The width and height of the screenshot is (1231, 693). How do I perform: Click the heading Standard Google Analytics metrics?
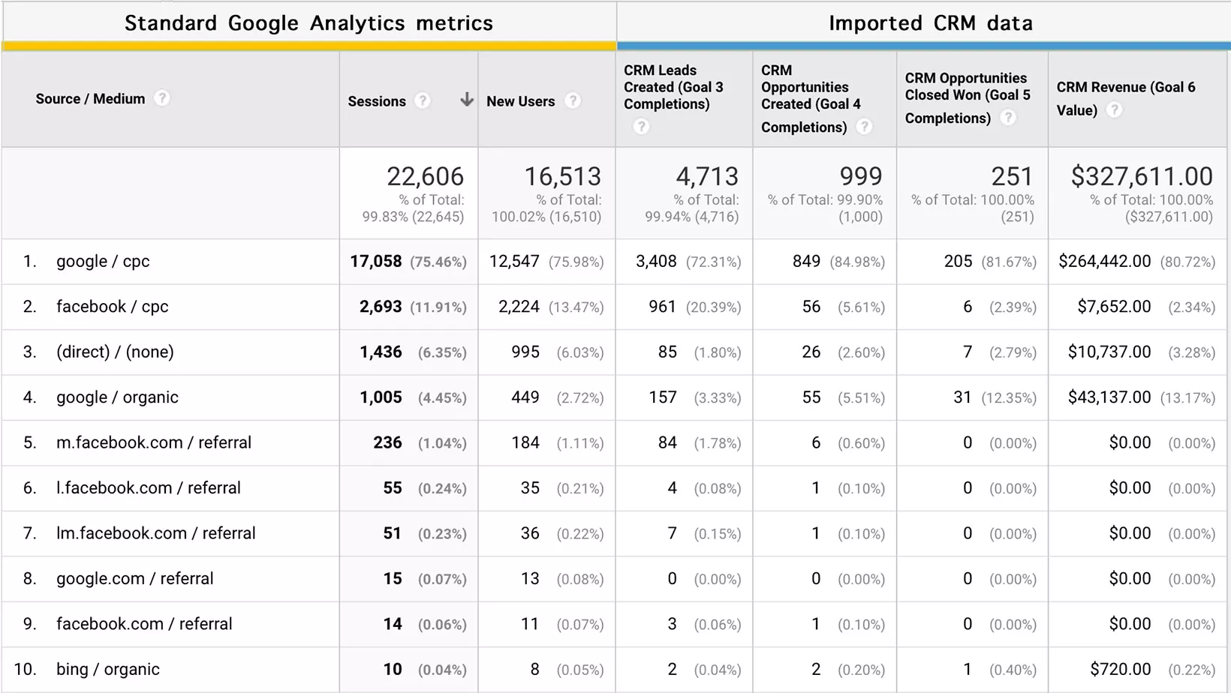(x=309, y=23)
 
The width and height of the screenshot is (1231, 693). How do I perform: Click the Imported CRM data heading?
(x=930, y=23)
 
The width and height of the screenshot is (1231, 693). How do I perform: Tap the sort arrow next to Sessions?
(x=466, y=100)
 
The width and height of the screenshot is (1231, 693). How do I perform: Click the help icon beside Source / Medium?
(x=162, y=98)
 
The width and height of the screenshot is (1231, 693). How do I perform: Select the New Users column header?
(x=520, y=101)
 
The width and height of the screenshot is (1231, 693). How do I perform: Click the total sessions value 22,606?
(x=425, y=177)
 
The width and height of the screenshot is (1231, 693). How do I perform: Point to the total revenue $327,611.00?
(x=1141, y=177)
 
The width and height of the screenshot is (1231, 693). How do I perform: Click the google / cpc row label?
(x=103, y=262)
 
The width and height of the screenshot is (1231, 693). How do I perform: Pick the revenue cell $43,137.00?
(x=1109, y=397)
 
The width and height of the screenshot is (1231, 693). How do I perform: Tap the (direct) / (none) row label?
(x=115, y=352)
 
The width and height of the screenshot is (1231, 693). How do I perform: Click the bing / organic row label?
(x=108, y=670)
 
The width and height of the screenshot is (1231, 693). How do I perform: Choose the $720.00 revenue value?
(x=1120, y=670)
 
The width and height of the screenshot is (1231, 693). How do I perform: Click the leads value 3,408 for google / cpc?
(x=656, y=262)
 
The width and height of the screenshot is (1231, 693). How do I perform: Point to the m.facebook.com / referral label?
(x=154, y=443)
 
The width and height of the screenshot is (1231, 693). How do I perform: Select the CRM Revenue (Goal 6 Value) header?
(x=1125, y=98)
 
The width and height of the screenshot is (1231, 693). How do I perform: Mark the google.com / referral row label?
(x=135, y=579)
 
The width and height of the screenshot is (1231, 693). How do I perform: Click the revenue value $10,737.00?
(x=1109, y=352)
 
